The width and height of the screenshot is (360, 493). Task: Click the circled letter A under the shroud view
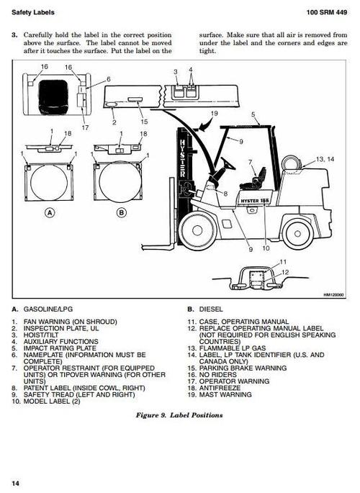tap(50, 212)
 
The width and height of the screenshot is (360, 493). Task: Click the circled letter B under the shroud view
tap(121, 212)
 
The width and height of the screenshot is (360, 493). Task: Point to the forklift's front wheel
tap(197, 230)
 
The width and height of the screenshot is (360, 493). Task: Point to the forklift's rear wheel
tap(297, 231)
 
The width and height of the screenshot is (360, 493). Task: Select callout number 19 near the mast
tap(214, 114)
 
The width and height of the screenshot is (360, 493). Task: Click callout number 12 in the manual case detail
tap(285, 271)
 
